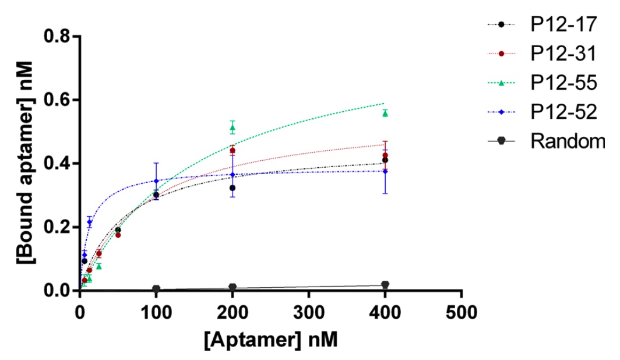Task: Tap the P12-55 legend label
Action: click(x=563, y=83)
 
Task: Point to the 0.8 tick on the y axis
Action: click(x=58, y=36)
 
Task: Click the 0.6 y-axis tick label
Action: click(x=58, y=100)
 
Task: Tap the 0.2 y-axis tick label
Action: click(x=58, y=227)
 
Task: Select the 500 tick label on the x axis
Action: click(x=461, y=313)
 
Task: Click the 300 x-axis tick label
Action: click(x=309, y=313)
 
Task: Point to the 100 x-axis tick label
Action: click(x=156, y=313)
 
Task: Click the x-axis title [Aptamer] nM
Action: click(x=271, y=340)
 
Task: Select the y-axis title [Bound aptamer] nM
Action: click(x=26, y=163)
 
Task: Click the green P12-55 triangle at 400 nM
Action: click(x=385, y=114)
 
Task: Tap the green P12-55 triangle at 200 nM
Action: click(x=233, y=127)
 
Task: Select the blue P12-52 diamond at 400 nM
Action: click(x=385, y=171)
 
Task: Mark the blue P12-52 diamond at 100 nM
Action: click(x=156, y=181)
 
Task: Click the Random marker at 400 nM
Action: click(x=385, y=284)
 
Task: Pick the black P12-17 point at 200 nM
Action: click(x=233, y=188)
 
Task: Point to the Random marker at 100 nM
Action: click(x=156, y=288)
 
